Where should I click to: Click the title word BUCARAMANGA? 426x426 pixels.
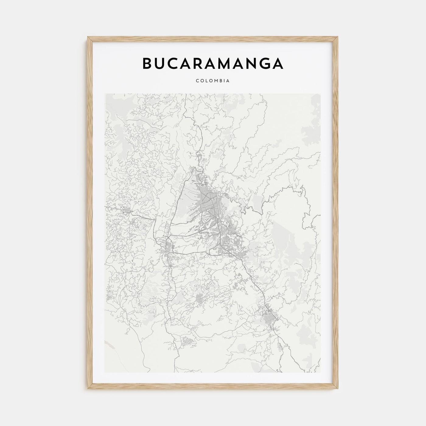[x=213, y=63]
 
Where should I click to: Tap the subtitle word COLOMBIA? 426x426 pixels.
[x=213, y=81]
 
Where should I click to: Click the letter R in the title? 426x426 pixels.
[x=202, y=63]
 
